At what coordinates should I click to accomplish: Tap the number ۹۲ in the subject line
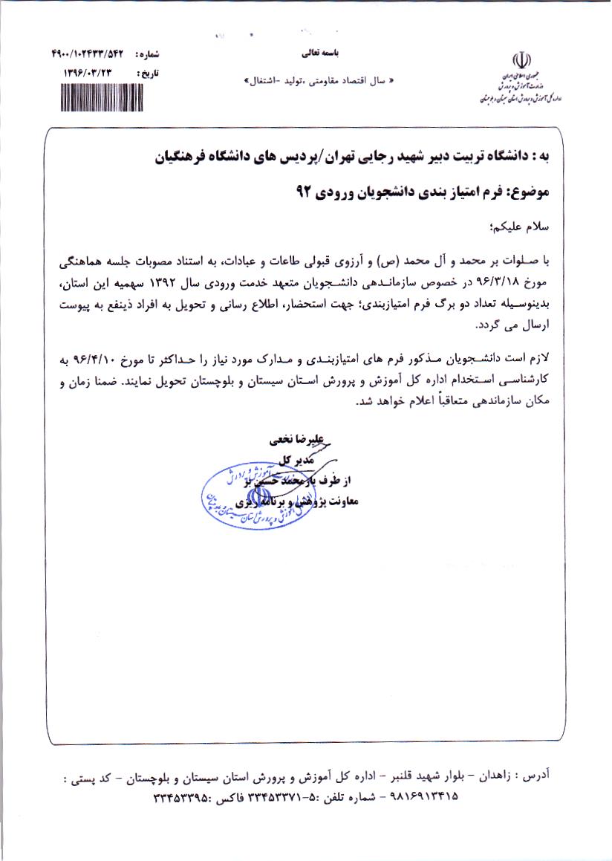pos(298,192)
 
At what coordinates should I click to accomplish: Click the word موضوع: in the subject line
pos(527,192)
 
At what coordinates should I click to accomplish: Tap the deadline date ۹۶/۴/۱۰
pos(99,360)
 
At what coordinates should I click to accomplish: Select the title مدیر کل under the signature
pos(292,460)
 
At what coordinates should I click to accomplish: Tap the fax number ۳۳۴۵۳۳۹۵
pos(180,798)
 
